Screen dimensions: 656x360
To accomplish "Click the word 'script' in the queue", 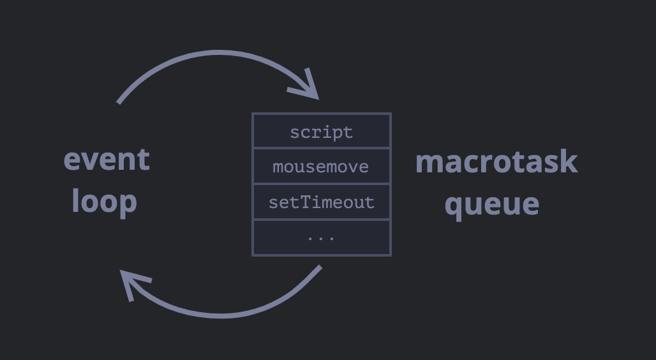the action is point(322,133).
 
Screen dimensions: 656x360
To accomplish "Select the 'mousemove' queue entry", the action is point(321,167).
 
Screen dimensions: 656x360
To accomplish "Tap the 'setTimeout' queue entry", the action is point(322,202).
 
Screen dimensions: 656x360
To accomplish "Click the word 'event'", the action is point(107,160).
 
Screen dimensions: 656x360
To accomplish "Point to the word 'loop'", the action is point(105,202).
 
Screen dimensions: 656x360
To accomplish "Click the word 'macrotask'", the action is point(496,161).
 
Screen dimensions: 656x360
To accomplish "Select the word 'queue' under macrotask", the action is point(492,206).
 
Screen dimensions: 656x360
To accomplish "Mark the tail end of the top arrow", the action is point(119,103).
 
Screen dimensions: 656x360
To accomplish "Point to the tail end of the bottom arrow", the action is point(320,267).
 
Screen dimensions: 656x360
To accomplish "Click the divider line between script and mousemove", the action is point(322,148).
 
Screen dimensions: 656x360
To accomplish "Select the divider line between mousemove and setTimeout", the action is point(322,184).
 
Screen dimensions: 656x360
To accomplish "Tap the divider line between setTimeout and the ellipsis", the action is point(322,220).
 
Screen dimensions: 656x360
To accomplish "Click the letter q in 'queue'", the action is point(453,207).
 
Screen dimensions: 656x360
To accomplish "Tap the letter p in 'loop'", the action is point(128,204).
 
